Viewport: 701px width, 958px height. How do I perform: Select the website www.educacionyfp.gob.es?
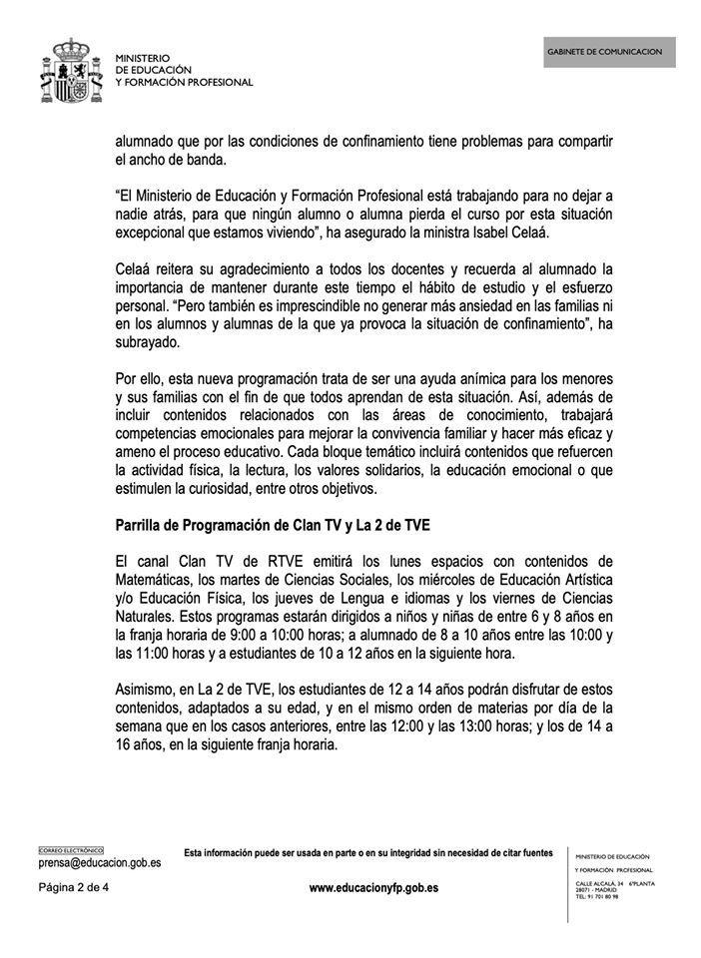(x=373, y=886)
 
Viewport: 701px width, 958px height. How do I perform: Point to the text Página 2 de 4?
(x=73, y=886)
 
